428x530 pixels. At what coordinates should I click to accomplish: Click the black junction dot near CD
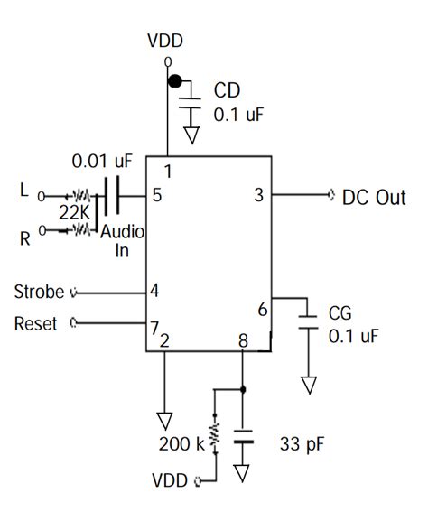tap(175, 82)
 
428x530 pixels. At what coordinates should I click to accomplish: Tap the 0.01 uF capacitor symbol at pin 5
tap(113, 194)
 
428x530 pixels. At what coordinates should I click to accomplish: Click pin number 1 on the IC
tap(167, 170)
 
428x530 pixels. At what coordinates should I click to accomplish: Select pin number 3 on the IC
tap(258, 194)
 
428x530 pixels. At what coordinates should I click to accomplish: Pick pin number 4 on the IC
tap(154, 291)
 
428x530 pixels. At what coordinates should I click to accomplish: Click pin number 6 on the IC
tap(262, 309)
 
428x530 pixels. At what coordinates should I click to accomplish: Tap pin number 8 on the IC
tap(242, 340)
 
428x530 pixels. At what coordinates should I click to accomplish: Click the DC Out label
tap(373, 197)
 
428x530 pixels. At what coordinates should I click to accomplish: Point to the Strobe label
tap(39, 292)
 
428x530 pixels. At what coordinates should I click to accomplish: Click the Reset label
tap(36, 322)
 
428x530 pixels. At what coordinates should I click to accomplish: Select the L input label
tap(23, 191)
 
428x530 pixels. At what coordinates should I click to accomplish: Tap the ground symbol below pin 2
tap(164, 418)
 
